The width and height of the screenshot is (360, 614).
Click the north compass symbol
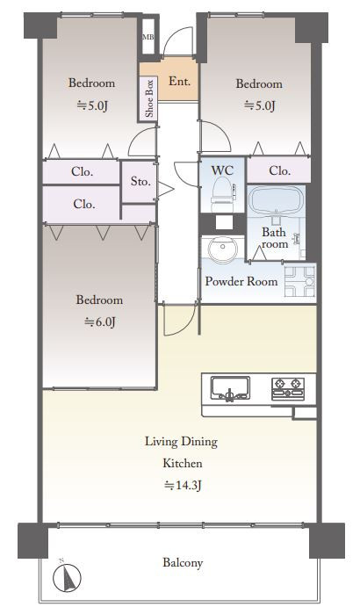click(x=67, y=576)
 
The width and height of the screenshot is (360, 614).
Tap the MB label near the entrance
click(x=148, y=37)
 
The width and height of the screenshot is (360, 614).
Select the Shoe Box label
click(x=149, y=98)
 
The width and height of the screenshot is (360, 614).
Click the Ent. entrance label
click(x=180, y=81)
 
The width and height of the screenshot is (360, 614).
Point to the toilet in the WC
click(x=223, y=195)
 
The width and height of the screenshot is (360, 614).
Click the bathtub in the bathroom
click(x=276, y=201)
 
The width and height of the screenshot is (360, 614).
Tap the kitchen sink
click(x=230, y=388)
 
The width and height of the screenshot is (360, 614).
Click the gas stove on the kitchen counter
click(x=288, y=388)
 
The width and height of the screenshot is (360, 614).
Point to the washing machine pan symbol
click(x=299, y=282)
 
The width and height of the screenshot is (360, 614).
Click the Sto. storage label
click(x=140, y=181)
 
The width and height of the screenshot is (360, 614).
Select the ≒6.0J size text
click(x=100, y=321)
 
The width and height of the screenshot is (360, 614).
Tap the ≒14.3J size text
click(x=183, y=485)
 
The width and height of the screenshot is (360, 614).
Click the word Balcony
click(x=183, y=563)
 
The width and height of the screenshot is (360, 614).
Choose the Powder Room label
click(x=241, y=281)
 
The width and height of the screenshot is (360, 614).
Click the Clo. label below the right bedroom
click(x=280, y=170)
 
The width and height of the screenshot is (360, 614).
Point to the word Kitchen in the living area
click(x=183, y=463)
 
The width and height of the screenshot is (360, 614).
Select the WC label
click(x=222, y=170)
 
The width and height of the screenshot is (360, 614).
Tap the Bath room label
click(x=274, y=238)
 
